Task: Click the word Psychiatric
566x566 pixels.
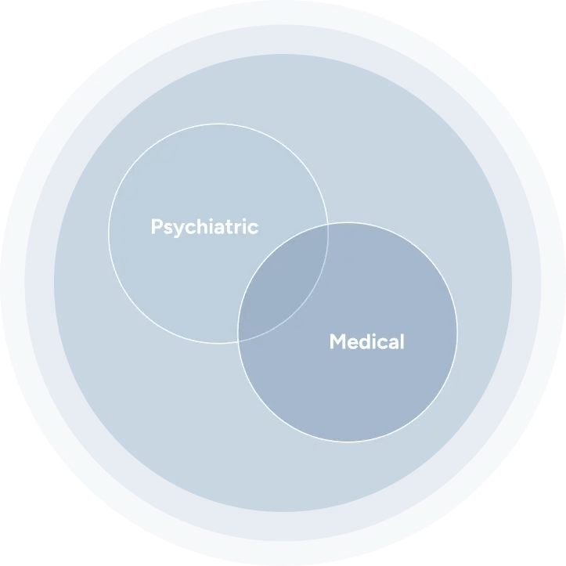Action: click(x=204, y=227)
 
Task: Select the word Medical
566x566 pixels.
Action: click(x=367, y=341)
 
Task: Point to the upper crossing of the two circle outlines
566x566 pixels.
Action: click(x=328, y=224)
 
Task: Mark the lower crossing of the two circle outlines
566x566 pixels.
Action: click(x=238, y=341)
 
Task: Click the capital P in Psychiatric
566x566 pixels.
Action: click(x=157, y=226)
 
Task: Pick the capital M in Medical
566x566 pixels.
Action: click(x=337, y=341)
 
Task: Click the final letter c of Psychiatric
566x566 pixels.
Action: click(x=254, y=229)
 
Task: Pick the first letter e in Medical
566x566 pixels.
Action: click(x=352, y=344)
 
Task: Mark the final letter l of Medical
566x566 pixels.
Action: click(x=403, y=341)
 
